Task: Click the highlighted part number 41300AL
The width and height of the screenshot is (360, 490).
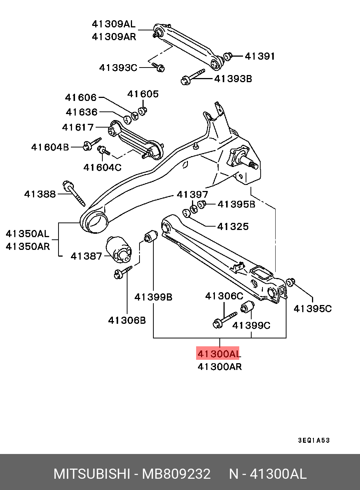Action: click(x=218, y=353)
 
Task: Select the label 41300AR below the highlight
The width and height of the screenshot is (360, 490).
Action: click(x=220, y=367)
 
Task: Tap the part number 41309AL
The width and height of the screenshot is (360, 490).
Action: click(x=113, y=24)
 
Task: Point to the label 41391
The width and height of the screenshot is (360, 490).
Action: click(x=260, y=56)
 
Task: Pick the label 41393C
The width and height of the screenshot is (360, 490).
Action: click(x=118, y=68)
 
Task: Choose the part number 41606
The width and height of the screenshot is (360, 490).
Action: click(x=81, y=98)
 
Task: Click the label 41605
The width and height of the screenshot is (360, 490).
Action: click(x=143, y=94)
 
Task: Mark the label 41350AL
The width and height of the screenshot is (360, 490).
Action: click(x=27, y=234)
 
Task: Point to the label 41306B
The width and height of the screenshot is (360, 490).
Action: click(x=127, y=320)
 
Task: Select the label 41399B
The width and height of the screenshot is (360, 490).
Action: click(x=153, y=297)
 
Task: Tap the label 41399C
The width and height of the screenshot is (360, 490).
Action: click(x=251, y=325)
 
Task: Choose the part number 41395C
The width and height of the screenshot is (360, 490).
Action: click(x=313, y=308)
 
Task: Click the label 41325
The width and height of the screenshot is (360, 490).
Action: click(x=233, y=227)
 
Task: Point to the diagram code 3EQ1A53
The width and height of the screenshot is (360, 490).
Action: click(x=314, y=440)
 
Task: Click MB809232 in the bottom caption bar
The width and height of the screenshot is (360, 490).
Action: click(x=176, y=474)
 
